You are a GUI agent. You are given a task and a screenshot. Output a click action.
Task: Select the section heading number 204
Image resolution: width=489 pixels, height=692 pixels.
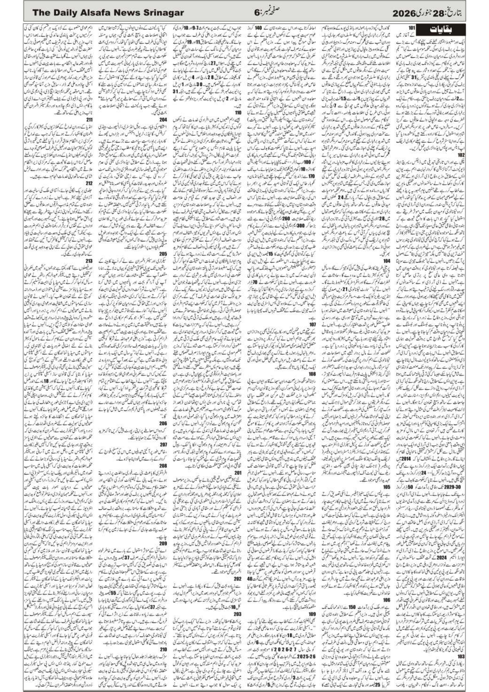pos(163,127)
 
